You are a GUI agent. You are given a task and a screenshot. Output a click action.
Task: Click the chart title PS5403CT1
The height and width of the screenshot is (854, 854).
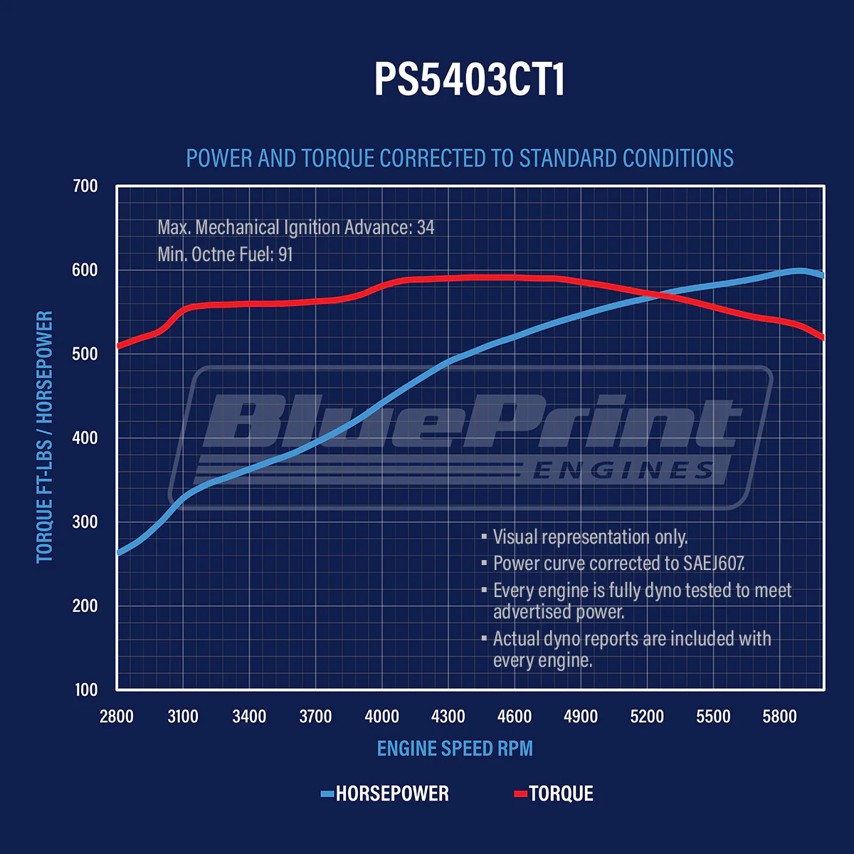pos(469,78)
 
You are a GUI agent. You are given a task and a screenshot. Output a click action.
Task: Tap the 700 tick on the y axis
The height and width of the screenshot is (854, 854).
pos(85,186)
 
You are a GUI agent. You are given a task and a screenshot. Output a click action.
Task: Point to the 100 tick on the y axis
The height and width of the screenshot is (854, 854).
pos(85,689)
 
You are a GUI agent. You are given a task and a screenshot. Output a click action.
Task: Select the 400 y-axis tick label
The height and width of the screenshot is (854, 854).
pos(85,438)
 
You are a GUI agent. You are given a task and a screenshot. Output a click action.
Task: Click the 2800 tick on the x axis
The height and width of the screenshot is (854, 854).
pos(117,717)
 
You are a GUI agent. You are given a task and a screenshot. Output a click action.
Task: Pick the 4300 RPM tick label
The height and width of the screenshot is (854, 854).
pos(448,717)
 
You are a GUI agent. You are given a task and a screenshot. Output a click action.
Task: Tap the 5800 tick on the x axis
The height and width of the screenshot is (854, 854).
pos(780,717)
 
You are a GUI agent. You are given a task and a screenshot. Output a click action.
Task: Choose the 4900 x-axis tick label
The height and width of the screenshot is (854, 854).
pos(581,717)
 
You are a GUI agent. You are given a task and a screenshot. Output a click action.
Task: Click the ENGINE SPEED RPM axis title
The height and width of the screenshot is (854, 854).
pos(455,749)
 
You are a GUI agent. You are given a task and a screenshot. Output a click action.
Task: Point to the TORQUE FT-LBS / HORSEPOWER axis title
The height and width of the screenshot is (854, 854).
pos(45,437)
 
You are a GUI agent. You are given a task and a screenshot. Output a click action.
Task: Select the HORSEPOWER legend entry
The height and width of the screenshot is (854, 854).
pos(391,794)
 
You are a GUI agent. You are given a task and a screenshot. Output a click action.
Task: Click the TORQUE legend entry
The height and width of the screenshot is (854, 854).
pos(561,794)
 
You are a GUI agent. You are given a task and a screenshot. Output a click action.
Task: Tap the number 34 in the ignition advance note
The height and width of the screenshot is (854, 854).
pos(426,228)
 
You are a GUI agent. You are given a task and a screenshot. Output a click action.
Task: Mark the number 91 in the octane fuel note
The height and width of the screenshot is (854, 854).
pos(285,255)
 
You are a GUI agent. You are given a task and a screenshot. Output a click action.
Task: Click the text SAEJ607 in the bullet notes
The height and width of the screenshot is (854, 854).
pos(714,564)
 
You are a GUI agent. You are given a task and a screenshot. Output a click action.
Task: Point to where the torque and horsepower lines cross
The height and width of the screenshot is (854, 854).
pos(656,294)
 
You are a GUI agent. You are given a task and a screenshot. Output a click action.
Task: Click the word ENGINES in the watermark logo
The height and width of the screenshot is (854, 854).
pos(623,470)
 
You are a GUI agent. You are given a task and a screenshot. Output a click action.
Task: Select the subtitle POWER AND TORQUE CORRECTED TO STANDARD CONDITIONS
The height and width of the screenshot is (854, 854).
pos(460,158)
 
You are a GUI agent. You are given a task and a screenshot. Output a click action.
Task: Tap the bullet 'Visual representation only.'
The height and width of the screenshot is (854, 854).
pos(590,537)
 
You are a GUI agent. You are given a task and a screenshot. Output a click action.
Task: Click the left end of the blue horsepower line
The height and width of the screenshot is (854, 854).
pos(118,552)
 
